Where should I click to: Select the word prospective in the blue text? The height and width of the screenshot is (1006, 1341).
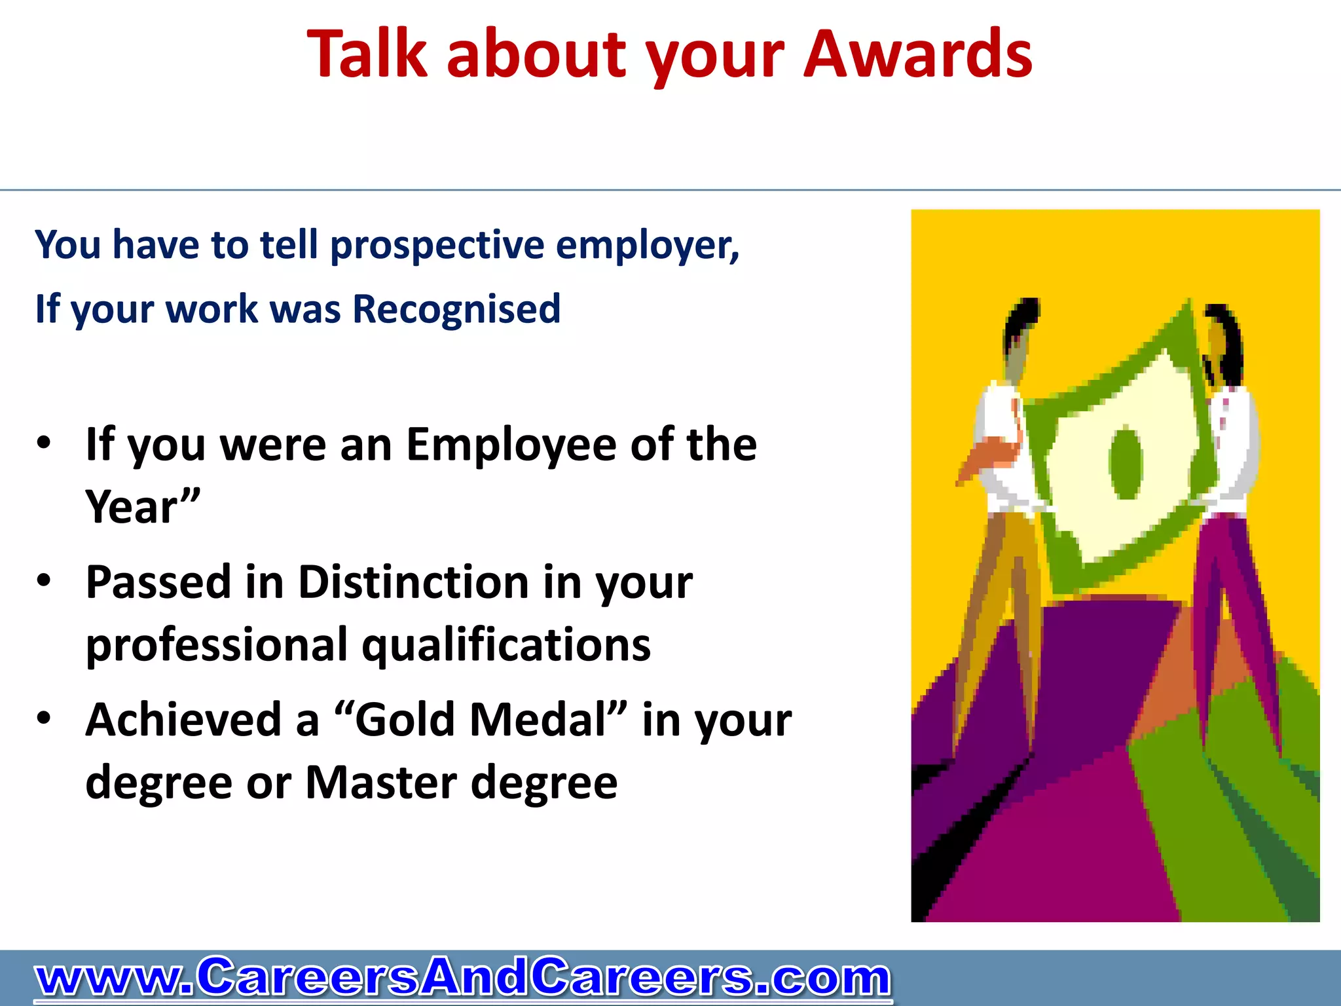(x=437, y=246)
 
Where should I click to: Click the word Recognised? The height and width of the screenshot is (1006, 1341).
(x=456, y=309)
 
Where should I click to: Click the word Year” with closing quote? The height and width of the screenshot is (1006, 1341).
(x=142, y=507)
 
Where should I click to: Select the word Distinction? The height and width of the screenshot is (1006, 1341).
(x=414, y=582)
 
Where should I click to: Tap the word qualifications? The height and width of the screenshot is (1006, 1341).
(x=506, y=646)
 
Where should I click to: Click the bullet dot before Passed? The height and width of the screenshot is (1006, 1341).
(x=44, y=580)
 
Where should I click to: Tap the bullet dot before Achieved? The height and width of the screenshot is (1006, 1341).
(x=44, y=718)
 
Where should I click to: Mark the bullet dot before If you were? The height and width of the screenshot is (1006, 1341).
(x=44, y=443)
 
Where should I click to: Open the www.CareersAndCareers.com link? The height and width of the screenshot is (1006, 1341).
(x=462, y=978)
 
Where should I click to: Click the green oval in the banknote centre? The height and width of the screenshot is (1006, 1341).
(x=1125, y=462)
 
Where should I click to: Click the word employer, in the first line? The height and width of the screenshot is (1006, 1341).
(x=647, y=246)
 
